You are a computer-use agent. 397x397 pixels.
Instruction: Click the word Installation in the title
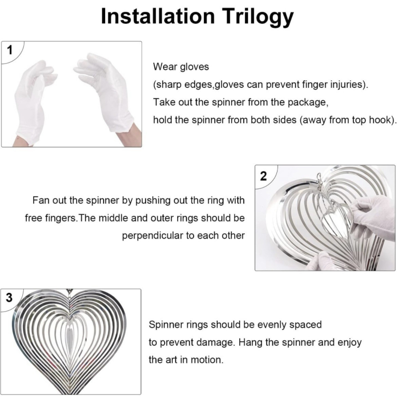[x=158, y=16]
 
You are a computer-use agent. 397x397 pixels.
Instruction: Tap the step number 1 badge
[x=9, y=50]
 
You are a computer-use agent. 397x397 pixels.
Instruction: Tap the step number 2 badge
[x=264, y=176]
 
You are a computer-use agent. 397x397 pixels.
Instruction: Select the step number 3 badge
[x=9, y=297]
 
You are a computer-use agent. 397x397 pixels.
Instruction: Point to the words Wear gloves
[x=181, y=67]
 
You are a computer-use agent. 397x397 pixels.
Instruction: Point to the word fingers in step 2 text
[x=60, y=218]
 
